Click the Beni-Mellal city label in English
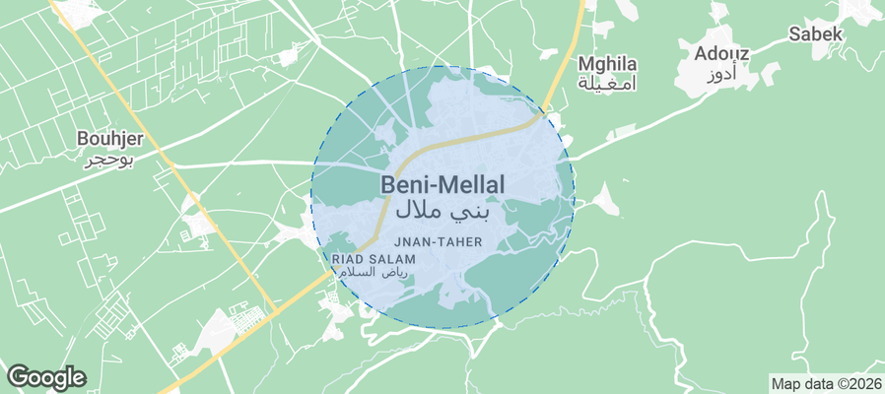[442, 184]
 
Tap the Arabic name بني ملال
[442, 210]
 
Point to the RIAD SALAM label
[373, 258]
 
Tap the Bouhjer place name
[112, 139]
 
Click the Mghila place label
[607, 64]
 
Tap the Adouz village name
[721, 53]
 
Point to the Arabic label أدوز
[721, 76]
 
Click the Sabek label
[816, 34]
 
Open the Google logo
[45, 376]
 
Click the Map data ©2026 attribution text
[826, 384]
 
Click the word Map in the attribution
[786, 384]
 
